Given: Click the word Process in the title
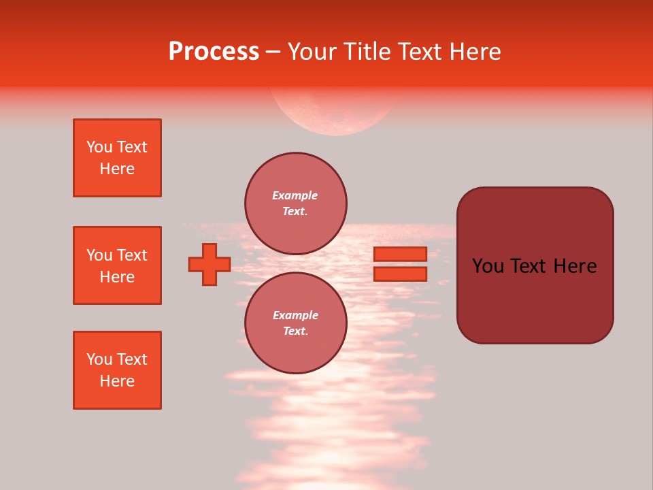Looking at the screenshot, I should point(214,52).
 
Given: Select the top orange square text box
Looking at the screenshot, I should point(117,158).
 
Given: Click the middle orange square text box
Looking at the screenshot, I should point(117,265).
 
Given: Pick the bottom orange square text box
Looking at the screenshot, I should point(117,370).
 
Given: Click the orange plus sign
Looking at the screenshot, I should point(210,265).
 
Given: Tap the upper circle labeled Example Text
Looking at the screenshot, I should point(296,203).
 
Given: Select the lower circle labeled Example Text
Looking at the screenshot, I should point(296,323).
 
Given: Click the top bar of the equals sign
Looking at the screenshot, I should point(400,254).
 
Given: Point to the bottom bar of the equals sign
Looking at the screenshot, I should point(400,274).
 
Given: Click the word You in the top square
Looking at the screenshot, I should point(99,147).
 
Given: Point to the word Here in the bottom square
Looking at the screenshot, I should point(117,381).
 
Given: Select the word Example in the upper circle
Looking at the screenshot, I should point(295,195).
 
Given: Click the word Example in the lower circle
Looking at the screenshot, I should point(295,315).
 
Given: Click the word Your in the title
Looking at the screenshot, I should point(311,52).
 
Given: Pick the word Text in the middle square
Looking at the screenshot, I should point(132,255).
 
